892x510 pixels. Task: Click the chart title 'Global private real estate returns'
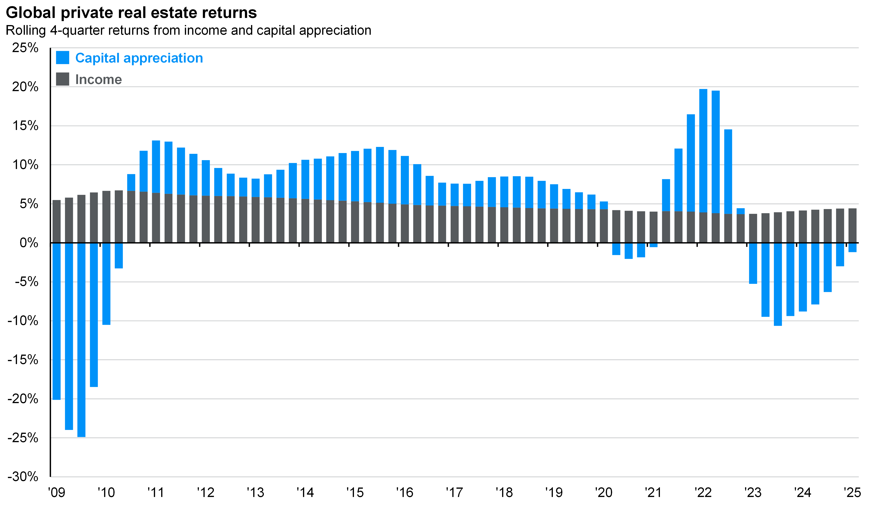point(131,13)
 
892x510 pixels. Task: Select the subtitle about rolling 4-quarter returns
point(188,31)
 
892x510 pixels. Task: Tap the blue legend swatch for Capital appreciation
point(62,58)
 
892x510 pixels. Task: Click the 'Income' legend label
point(99,79)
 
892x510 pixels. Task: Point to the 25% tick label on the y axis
point(25,48)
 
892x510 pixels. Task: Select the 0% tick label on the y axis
point(29,242)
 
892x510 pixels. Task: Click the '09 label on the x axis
point(56,492)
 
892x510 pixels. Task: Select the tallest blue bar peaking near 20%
point(703,151)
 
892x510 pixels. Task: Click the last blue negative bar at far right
point(852,248)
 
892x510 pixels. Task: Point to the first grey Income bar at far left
point(56,221)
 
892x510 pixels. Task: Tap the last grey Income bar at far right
point(852,226)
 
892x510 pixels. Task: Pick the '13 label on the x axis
point(255,492)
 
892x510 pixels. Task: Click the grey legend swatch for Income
point(62,79)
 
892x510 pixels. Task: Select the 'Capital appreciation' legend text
point(139,58)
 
